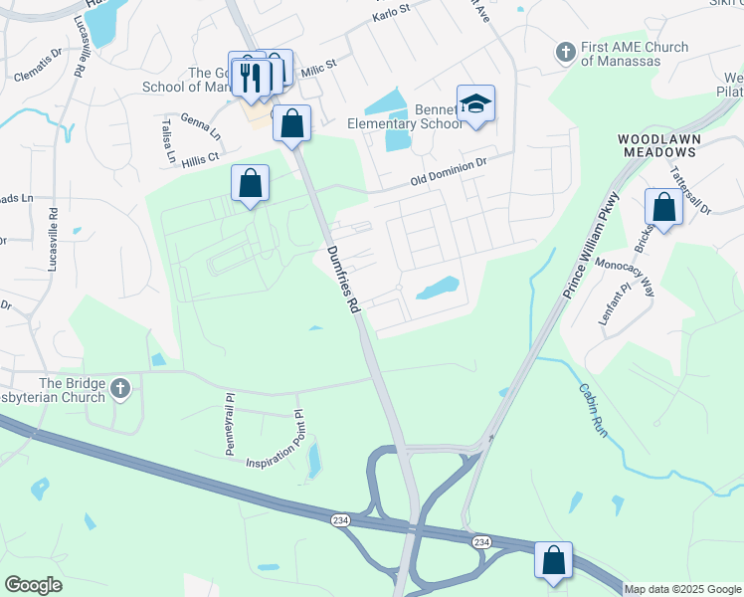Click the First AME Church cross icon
tap(565, 52)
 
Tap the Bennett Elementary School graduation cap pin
tap(476, 103)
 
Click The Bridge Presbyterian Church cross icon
tap(120, 387)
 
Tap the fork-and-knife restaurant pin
tap(250, 76)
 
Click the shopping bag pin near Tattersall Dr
tap(663, 207)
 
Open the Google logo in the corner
tap(34, 585)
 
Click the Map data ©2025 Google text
tap(681, 589)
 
